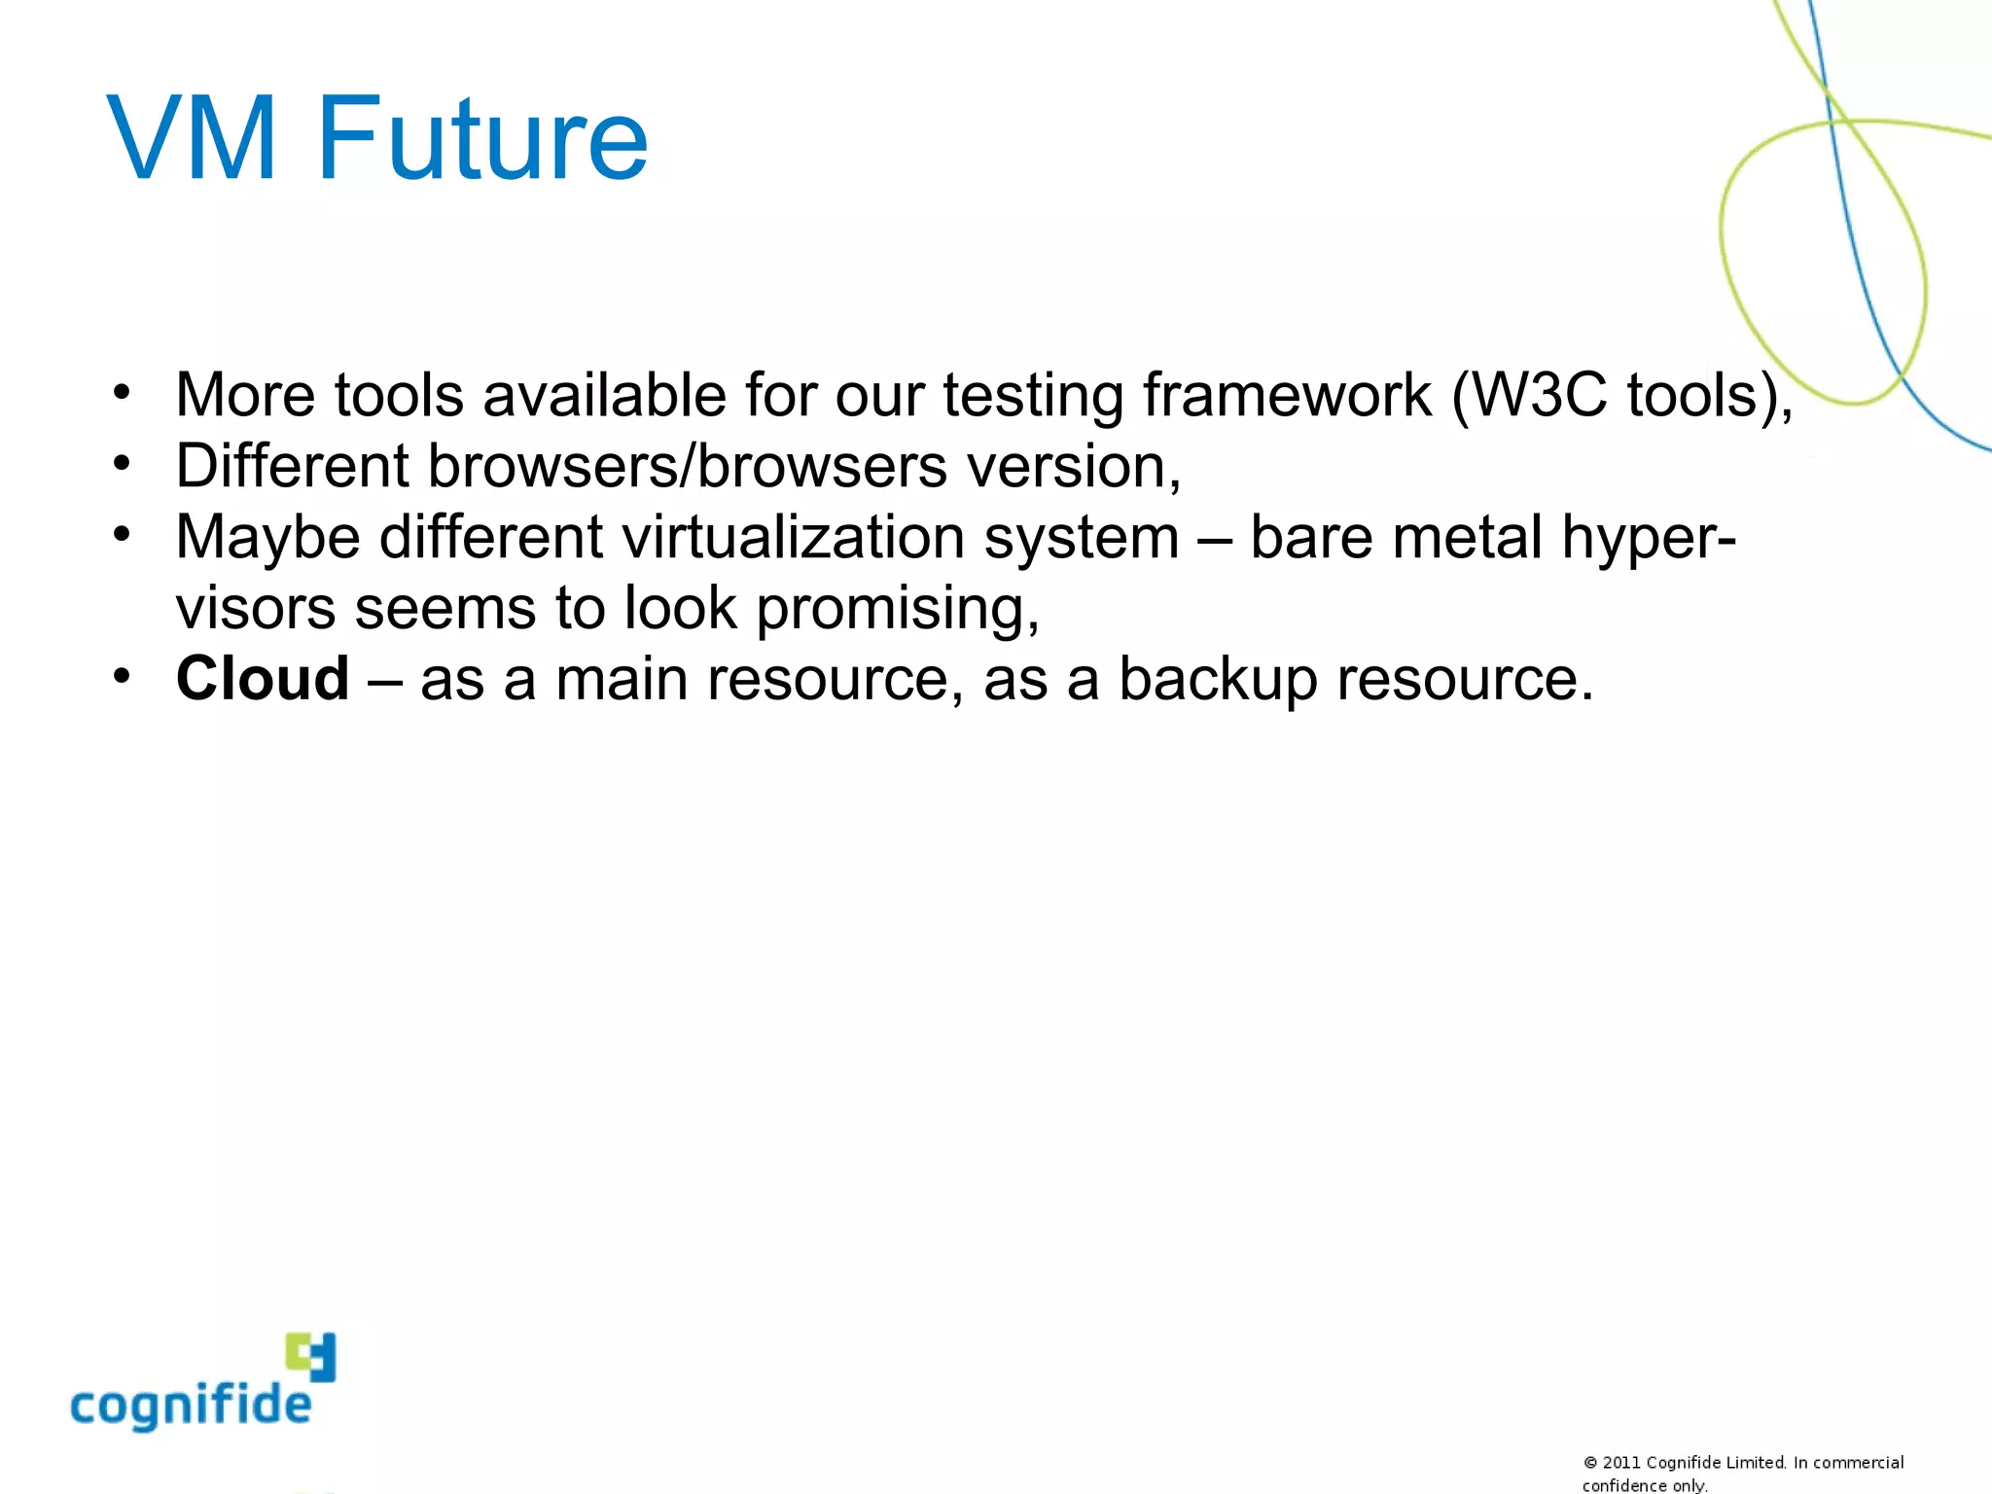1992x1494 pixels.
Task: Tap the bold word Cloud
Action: click(x=263, y=678)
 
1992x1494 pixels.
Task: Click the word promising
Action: click(x=897, y=609)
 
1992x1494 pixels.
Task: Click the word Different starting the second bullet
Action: click(x=292, y=466)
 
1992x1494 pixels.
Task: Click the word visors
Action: click(x=255, y=609)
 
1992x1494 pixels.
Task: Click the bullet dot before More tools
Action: click(x=121, y=394)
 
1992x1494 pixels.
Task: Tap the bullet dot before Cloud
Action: click(x=121, y=676)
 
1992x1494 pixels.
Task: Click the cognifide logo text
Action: click(x=191, y=1405)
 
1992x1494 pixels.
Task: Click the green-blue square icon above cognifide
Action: click(x=311, y=1356)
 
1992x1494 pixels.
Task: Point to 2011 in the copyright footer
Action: click(x=1621, y=1463)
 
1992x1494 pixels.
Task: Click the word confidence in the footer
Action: click(x=1624, y=1485)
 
